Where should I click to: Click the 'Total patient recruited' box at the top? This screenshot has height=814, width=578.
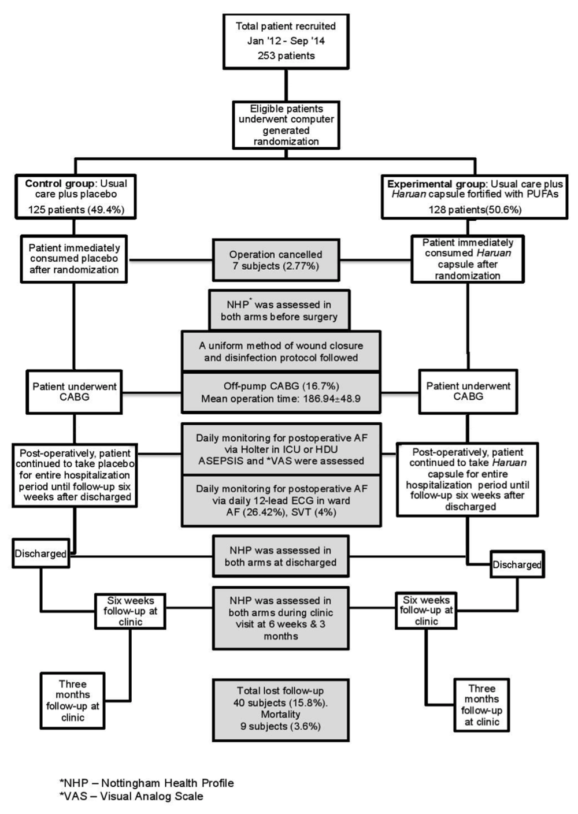tap(286, 41)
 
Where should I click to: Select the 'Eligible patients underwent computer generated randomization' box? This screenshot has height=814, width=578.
tap(286, 125)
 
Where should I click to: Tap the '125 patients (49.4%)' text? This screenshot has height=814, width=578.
tap(76, 210)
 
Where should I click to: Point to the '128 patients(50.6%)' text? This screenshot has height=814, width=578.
tap(475, 210)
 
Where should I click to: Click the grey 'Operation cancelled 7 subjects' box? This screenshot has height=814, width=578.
tap(275, 260)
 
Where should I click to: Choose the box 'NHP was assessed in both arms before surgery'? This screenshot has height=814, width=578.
tap(279, 310)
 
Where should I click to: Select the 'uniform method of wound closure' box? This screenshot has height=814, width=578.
tap(281, 351)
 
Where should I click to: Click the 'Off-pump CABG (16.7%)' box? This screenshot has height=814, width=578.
tap(281, 392)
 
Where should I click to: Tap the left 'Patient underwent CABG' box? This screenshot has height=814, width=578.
tap(74, 391)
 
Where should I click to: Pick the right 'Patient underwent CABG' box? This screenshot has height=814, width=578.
tap(468, 391)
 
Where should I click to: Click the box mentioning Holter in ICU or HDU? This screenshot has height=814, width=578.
tap(281, 449)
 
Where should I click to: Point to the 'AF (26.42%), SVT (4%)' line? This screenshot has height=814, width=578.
tap(281, 512)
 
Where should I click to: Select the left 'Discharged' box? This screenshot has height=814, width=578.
tap(40, 553)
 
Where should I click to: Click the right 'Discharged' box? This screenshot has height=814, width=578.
tap(517, 564)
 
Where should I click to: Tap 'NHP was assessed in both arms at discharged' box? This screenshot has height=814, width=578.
tap(280, 556)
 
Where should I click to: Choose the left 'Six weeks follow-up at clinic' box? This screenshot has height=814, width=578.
tap(130, 611)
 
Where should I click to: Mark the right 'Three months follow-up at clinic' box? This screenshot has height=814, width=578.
tap(481, 705)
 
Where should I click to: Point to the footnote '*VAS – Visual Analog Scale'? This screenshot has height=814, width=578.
tap(131, 796)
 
